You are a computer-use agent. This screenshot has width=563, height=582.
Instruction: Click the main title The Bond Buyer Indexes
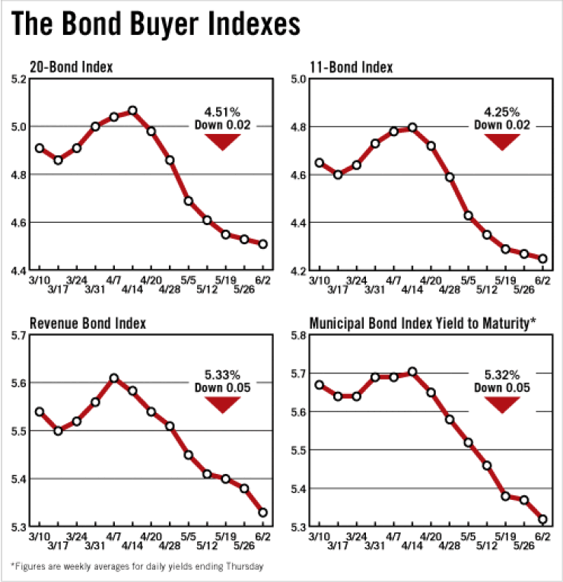[x=156, y=24]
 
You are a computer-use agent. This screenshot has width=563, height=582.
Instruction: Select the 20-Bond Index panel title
[x=71, y=67]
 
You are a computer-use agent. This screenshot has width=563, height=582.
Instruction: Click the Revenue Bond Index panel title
[x=87, y=323]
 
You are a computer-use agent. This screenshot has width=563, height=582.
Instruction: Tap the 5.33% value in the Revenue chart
[x=222, y=374]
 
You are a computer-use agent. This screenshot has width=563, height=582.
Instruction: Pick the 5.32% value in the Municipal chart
[x=502, y=374]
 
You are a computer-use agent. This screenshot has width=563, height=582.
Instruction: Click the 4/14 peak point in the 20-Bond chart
[x=132, y=110]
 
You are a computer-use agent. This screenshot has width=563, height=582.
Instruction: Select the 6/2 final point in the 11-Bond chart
[x=543, y=259]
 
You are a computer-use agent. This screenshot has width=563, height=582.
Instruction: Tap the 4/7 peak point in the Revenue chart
[x=114, y=377]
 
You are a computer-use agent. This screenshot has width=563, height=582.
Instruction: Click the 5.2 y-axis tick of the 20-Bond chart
[x=17, y=78]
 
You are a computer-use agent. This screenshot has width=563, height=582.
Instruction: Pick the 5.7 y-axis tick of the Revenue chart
[x=17, y=336]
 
